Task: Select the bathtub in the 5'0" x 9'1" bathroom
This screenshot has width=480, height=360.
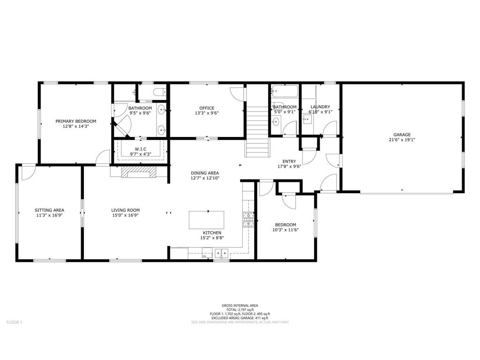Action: click(x=284, y=90)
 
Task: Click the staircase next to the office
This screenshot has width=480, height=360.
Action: click(x=257, y=131)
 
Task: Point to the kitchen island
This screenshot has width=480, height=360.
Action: click(x=206, y=220)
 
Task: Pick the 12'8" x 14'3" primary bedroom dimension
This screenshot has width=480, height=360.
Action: click(x=75, y=126)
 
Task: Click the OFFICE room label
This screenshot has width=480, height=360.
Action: click(x=206, y=108)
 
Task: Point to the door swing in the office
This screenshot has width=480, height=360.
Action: click(x=238, y=93)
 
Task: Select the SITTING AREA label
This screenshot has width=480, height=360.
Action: click(x=49, y=210)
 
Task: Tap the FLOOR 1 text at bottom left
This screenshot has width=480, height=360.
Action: click(x=14, y=322)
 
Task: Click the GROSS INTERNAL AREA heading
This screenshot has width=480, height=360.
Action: click(x=240, y=306)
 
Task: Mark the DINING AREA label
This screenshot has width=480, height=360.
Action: click(x=205, y=172)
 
